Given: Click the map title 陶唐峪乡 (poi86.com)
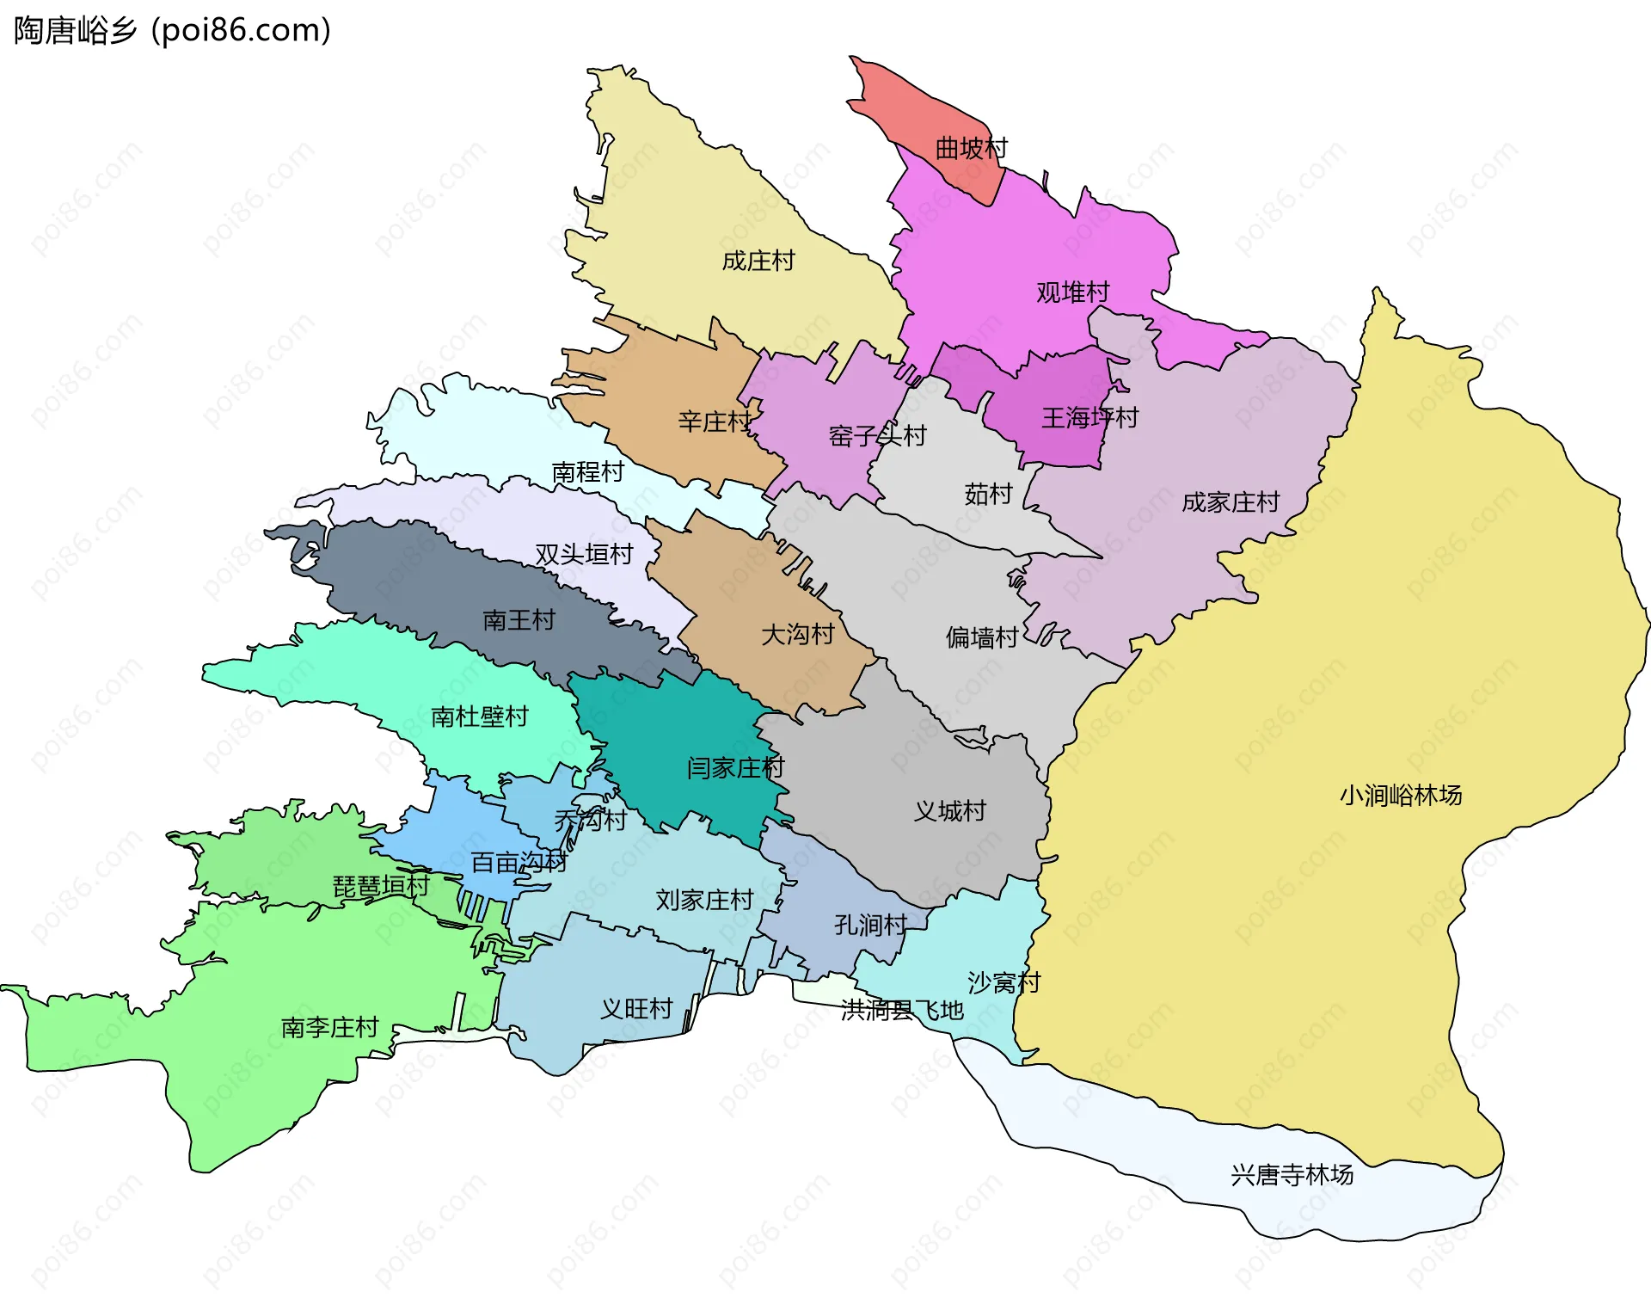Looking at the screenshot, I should point(172,31).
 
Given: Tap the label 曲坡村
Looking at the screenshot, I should point(971,149).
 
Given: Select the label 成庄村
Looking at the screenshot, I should point(758,261).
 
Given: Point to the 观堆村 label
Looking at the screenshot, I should point(1072,292).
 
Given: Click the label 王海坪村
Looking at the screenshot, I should point(1089,418).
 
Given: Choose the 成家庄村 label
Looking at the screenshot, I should point(1231,502).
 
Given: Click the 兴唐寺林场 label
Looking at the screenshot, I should point(1292,1175).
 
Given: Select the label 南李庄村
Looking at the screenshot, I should point(329,1027).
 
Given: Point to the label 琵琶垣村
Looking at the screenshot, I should point(381,886).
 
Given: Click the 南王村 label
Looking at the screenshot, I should point(519,620).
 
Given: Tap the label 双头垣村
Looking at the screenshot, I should point(584,554).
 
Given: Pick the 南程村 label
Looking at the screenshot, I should point(587,472).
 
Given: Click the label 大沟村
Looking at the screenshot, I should point(797,635).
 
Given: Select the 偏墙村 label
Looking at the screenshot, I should point(982,637).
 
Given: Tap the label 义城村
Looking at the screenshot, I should point(949,811).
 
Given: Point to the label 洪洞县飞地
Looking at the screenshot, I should point(902,1010).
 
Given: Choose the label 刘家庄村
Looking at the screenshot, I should point(704,900).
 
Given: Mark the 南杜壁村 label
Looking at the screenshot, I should point(479,717).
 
